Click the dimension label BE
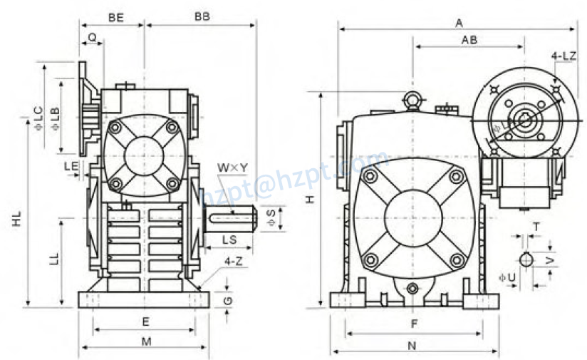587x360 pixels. [x=115, y=16]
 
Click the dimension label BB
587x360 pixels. [x=202, y=16]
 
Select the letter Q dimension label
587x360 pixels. [x=92, y=36]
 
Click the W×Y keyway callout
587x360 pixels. [x=233, y=168]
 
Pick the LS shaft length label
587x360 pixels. [x=229, y=239]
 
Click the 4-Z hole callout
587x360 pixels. [x=232, y=261]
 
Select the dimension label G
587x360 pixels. [x=227, y=300]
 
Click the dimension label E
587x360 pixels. [x=145, y=321]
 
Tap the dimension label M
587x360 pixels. [x=146, y=341]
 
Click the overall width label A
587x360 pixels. [x=459, y=23]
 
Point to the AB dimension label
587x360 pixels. [x=469, y=40]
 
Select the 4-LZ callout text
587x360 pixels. [x=563, y=55]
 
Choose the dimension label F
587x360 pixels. [x=413, y=324]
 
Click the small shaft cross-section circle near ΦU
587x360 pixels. [x=526, y=259]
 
